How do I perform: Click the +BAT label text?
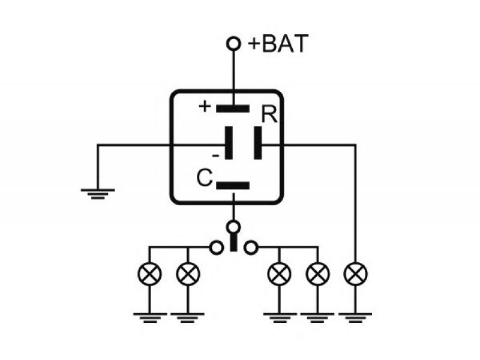(278, 44)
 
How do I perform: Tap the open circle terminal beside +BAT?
(233, 43)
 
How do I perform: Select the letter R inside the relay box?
(269, 115)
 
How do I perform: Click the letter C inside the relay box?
(205, 178)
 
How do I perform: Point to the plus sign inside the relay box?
(205, 107)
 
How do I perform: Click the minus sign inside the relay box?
(216, 156)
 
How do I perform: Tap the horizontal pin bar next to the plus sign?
(233, 109)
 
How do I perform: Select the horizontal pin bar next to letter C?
(233, 185)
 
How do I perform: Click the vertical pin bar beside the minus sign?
(229, 143)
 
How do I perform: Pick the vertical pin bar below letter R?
(258, 143)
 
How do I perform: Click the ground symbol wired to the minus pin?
(98, 194)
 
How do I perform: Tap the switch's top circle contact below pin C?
(233, 227)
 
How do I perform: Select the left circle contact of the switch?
(217, 247)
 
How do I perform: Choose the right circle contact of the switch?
(251, 247)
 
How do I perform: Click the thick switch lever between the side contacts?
(233, 242)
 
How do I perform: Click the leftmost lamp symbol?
(149, 274)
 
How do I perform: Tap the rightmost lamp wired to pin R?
(355, 274)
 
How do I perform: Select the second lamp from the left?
(188, 274)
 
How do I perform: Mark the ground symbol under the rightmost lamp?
(355, 318)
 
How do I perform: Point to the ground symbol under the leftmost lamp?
(149, 318)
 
